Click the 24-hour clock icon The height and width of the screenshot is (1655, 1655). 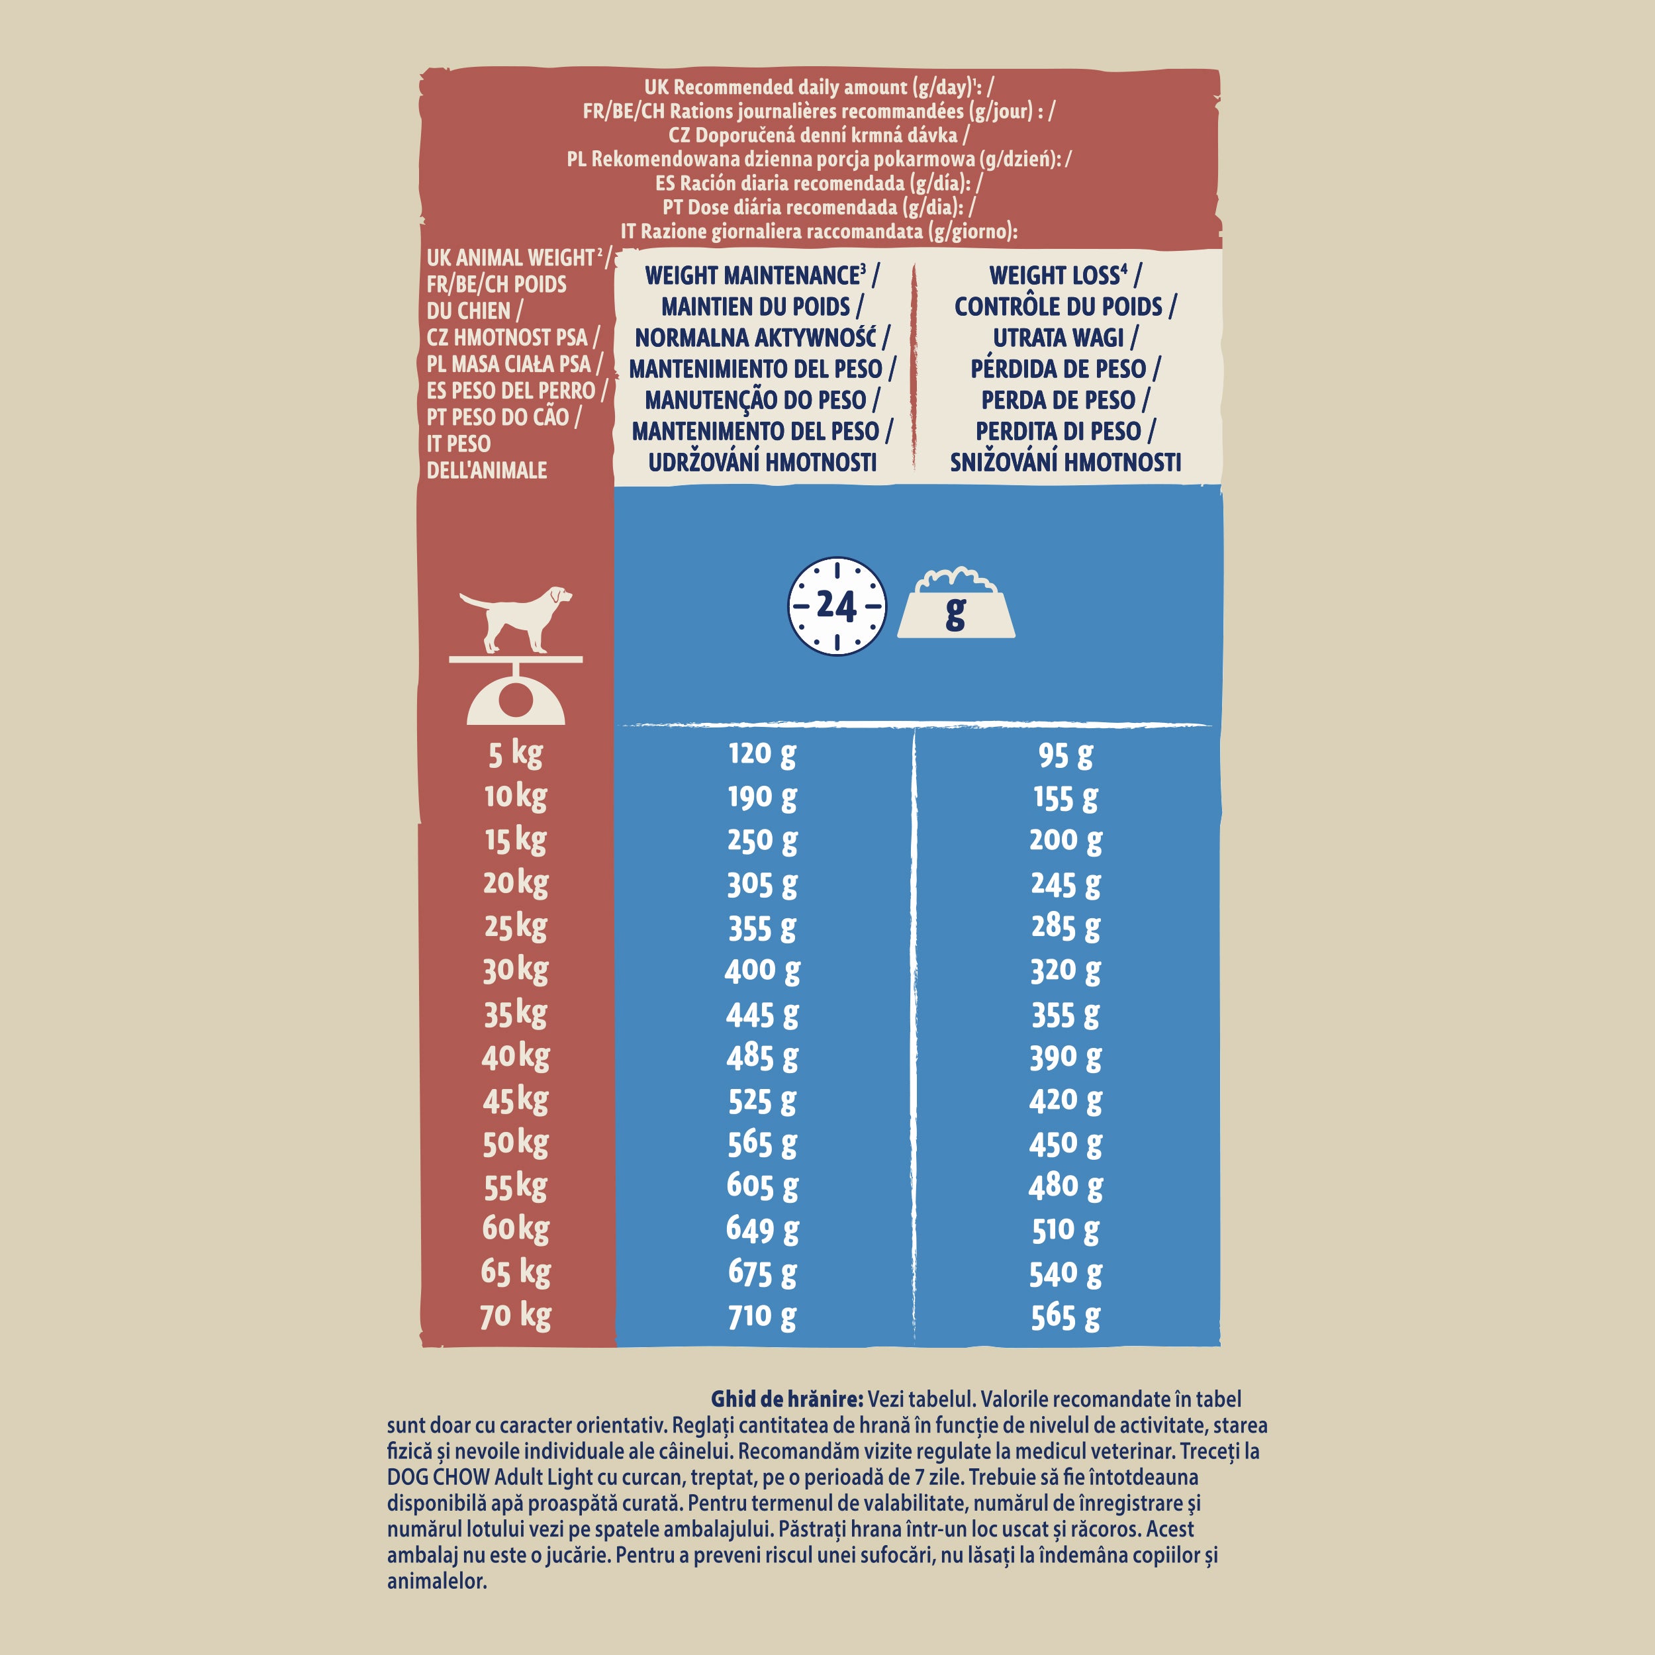[836, 606]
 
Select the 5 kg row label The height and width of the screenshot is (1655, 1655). [516, 754]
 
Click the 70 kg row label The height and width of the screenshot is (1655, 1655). [516, 1316]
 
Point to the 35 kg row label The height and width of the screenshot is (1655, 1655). [516, 1014]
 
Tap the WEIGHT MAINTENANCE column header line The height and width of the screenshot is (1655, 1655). [761, 276]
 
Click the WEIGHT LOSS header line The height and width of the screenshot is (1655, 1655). [1064, 276]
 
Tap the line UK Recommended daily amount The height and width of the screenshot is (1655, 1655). [818, 87]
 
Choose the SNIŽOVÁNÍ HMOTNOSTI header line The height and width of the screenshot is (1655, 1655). [1064, 463]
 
